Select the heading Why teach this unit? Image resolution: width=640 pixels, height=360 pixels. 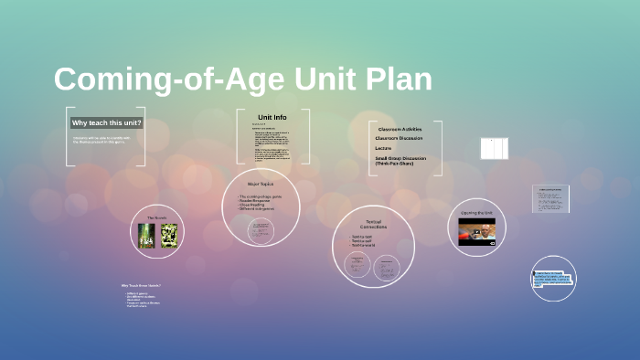click(x=107, y=122)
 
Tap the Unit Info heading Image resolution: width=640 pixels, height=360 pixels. click(x=272, y=118)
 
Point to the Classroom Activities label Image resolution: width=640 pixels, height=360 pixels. click(x=400, y=130)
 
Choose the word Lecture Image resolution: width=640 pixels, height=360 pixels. click(x=383, y=148)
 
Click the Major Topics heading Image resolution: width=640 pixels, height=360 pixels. click(x=261, y=184)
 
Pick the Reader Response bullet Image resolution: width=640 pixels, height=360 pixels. click(x=257, y=201)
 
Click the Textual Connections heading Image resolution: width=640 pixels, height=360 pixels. click(x=373, y=224)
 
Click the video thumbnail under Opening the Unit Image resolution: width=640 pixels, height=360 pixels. click(x=476, y=232)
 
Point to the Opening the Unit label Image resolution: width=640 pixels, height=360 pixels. click(x=476, y=213)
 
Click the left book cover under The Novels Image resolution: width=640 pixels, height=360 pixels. click(x=144, y=236)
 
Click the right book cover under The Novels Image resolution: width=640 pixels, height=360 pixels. click(x=168, y=236)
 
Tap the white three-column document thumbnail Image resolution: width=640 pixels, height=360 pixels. click(x=493, y=148)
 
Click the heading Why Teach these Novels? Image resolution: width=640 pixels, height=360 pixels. click(x=142, y=286)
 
